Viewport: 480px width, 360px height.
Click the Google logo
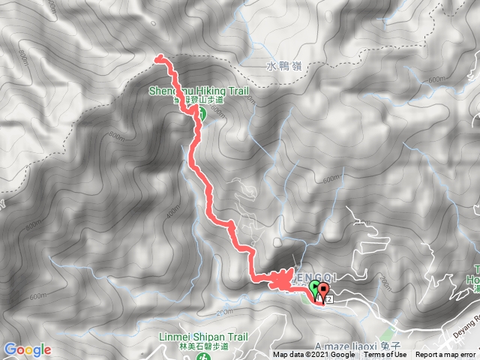pos(27,349)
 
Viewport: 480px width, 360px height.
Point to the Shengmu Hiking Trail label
pos(198,91)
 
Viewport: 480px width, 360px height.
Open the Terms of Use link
pos(386,355)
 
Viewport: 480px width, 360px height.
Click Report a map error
pos(447,355)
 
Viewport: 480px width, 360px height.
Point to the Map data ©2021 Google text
pos(313,355)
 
